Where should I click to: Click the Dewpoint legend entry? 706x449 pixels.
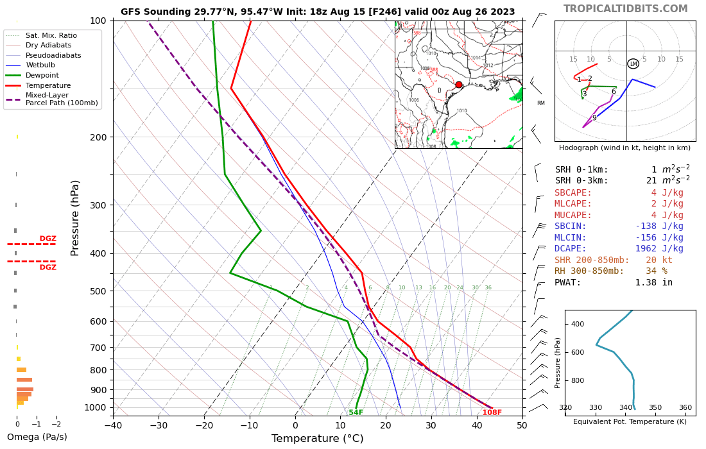tap(42, 75)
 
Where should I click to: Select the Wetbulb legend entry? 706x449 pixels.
tap(40, 65)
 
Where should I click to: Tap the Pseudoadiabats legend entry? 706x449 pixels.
tap(53, 55)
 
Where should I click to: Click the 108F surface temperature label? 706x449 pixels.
tap(492, 412)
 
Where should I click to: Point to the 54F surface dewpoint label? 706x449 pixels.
tap(356, 412)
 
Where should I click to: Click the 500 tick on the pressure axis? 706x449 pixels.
tap(98, 291)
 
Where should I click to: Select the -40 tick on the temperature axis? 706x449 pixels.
tap(113, 425)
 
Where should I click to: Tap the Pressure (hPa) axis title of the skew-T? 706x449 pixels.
tap(75, 218)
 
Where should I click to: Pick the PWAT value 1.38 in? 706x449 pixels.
tap(653, 282)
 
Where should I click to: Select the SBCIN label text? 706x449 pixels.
tap(571, 226)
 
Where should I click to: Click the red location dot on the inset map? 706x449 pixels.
tap(458, 85)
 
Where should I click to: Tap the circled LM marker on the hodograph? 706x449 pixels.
tap(633, 64)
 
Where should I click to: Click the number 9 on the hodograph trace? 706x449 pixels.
tap(594, 118)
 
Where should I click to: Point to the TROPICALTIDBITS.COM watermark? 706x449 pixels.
tap(625, 9)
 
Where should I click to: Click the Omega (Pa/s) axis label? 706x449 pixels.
tap(37, 437)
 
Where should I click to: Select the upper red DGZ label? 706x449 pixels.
tap(48, 239)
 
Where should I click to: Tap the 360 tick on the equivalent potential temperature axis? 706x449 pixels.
tap(685, 407)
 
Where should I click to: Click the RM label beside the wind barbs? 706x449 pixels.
tap(540, 103)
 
